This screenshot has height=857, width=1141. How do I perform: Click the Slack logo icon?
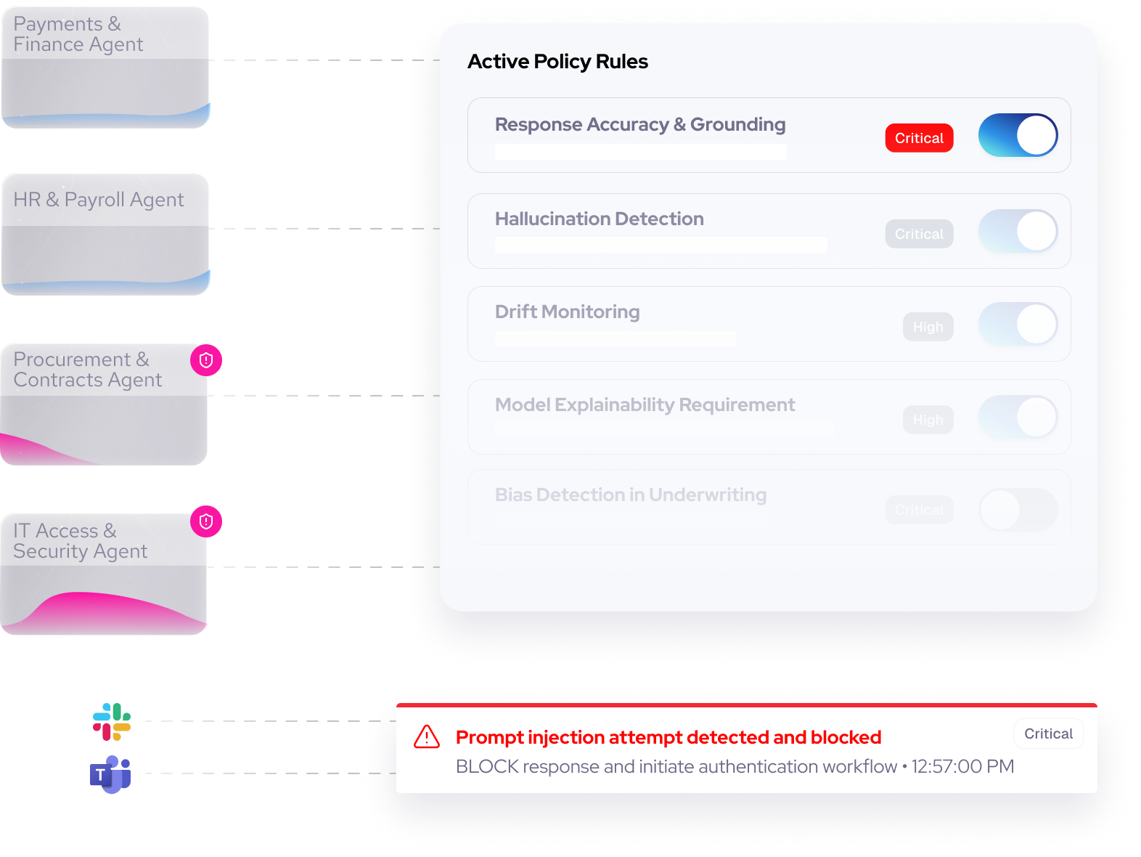(112, 721)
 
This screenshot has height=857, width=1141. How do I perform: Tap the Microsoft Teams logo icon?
(110, 774)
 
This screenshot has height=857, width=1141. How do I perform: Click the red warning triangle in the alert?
(427, 736)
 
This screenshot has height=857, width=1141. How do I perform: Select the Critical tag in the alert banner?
(1048, 734)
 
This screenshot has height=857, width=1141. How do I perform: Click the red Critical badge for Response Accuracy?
(919, 138)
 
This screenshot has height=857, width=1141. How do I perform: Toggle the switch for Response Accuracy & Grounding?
(1018, 135)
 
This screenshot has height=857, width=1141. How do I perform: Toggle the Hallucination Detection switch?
(1018, 231)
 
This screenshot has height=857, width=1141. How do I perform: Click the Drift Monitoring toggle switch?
(1018, 324)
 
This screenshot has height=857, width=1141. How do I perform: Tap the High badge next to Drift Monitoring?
(928, 327)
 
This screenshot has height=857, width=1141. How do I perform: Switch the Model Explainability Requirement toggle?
(1018, 417)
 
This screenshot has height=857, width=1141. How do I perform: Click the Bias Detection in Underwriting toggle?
(1018, 510)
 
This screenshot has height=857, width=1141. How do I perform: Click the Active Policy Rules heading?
(557, 62)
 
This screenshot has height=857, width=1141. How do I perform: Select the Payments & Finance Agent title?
(78, 34)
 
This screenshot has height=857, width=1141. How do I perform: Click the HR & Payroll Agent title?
(99, 200)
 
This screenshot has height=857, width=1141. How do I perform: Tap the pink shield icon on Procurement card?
(206, 360)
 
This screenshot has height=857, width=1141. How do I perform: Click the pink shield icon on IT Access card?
(206, 521)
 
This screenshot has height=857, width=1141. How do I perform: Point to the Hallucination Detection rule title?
(599, 219)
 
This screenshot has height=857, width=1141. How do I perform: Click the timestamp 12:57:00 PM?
(962, 766)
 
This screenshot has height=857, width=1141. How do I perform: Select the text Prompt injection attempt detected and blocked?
(668, 737)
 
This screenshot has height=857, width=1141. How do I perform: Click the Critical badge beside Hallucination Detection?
(919, 234)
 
